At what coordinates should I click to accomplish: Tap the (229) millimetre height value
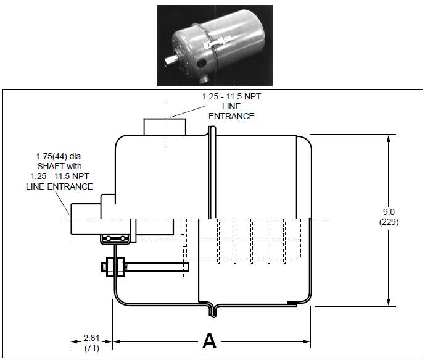[389, 222]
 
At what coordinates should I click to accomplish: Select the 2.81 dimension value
[91, 338]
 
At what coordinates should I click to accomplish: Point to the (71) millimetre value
[91, 348]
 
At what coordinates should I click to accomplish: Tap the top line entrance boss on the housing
[166, 127]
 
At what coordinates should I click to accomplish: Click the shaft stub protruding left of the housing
[85, 219]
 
